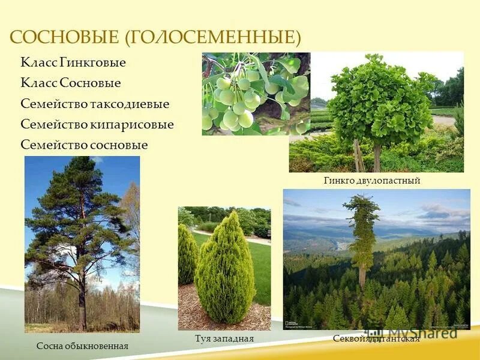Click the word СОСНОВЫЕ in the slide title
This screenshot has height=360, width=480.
point(65,38)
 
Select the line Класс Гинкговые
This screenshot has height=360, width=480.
point(73,62)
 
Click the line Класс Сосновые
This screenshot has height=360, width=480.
point(71,83)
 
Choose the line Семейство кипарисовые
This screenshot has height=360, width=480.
point(97,124)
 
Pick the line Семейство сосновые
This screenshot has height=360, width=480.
point(84,145)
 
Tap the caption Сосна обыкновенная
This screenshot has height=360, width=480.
point(82,346)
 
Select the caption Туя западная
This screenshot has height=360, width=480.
point(224,339)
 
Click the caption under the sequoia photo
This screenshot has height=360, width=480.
point(376,339)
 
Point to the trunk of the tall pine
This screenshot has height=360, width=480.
point(82,288)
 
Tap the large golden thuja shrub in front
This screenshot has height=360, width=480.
point(225,270)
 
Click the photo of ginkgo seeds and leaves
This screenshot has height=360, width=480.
point(256,94)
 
